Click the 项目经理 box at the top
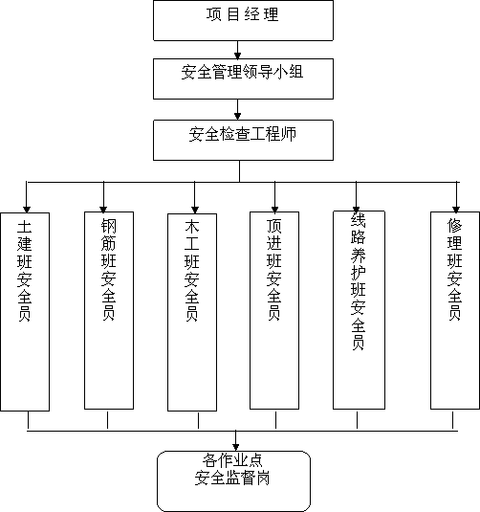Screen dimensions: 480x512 (x=243, y=20)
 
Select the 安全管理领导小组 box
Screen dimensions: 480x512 (x=243, y=78)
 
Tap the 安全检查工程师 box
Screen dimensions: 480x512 (x=243, y=140)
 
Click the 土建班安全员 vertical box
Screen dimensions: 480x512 (x=25, y=312)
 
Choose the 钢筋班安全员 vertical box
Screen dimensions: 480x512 (x=109, y=310)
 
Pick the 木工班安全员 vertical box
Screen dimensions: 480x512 (x=192, y=312)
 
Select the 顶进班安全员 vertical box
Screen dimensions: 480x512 (x=274, y=310)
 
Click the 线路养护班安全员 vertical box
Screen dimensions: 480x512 (x=359, y=310)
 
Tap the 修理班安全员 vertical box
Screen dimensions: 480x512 (x=455, y=310)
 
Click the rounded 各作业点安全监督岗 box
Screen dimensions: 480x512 (x=233, y=481)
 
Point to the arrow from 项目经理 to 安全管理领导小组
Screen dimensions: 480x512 (x=237, y=50)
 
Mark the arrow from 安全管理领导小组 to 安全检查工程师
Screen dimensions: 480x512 (x=237, y=110)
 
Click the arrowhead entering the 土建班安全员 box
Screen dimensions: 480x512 (x=27, y=210)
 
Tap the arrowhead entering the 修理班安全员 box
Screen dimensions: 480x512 (x=456, y=210)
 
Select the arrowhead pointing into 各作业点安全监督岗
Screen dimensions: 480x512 (x=235, y=447)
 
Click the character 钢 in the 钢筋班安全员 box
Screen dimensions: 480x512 (x=109, y=225)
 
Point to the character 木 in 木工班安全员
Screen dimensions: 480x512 (x=192, y=226)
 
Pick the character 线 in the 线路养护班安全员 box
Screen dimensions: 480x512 (x=359, y=220)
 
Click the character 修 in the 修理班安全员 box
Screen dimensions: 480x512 (x=455, y=225)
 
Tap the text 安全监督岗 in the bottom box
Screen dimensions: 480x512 (x=232, y=479)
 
